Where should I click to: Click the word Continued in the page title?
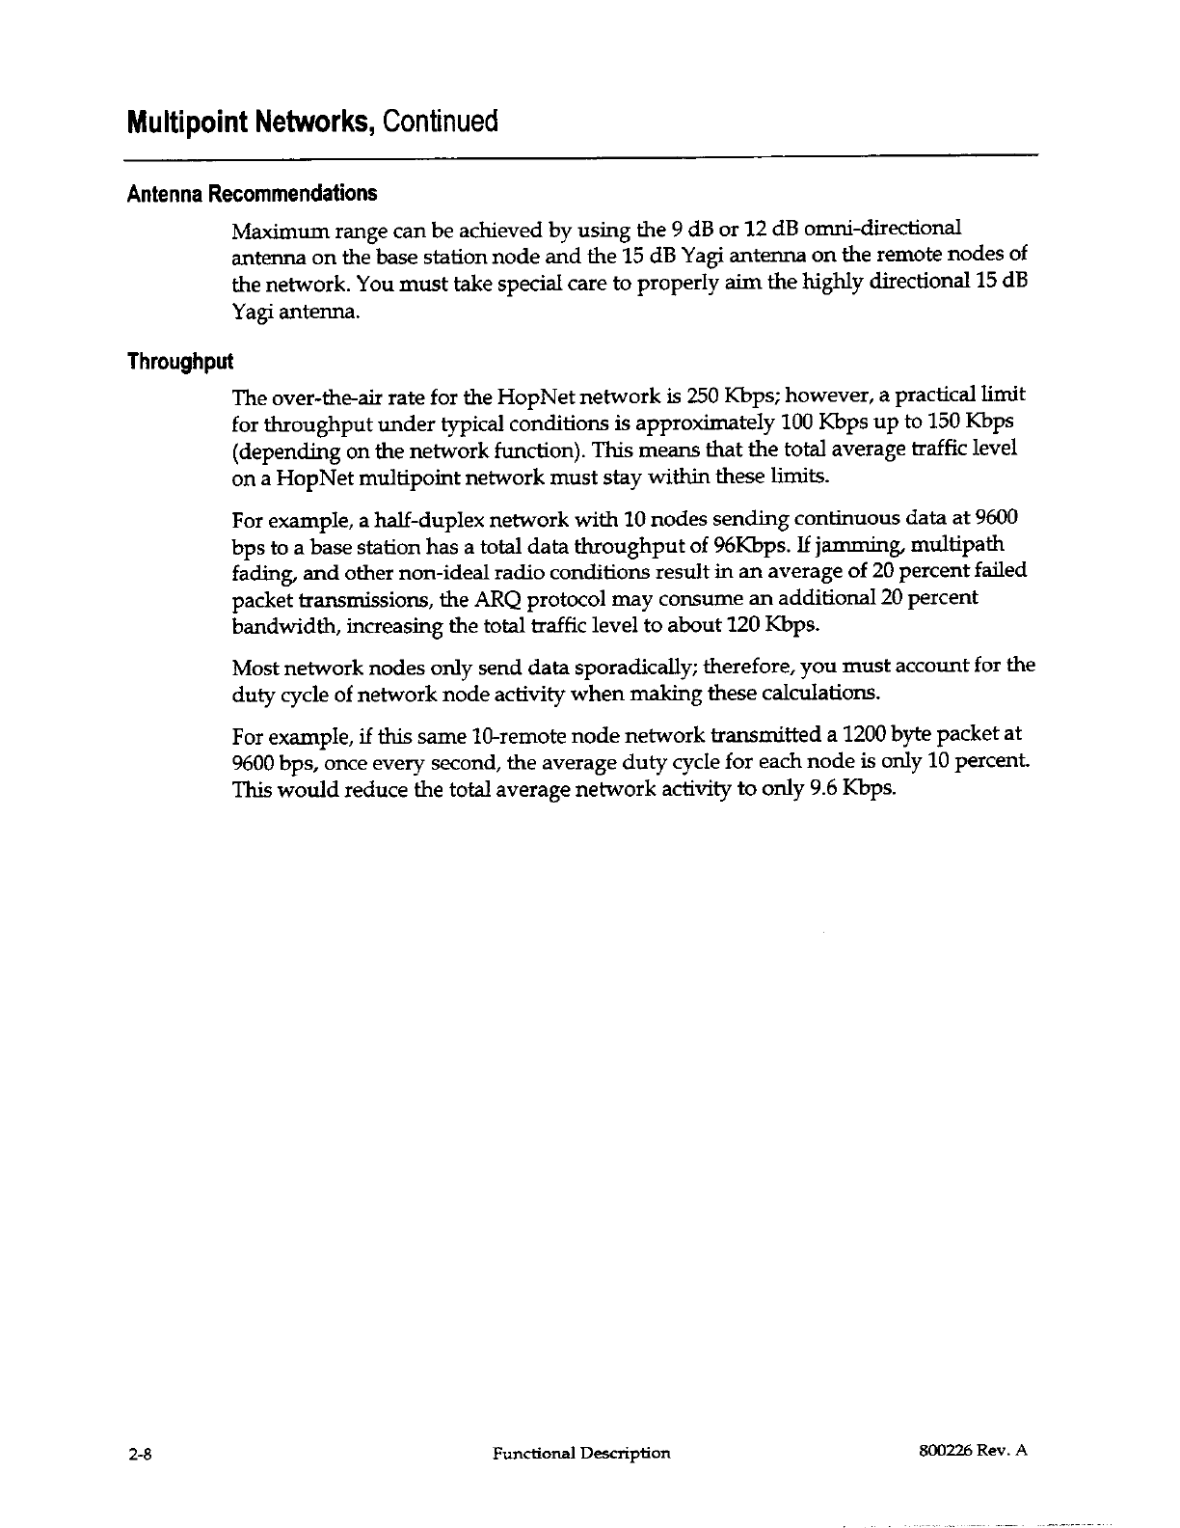click(x=441, y=123)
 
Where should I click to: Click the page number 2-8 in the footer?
click(x=141, y=1453)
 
